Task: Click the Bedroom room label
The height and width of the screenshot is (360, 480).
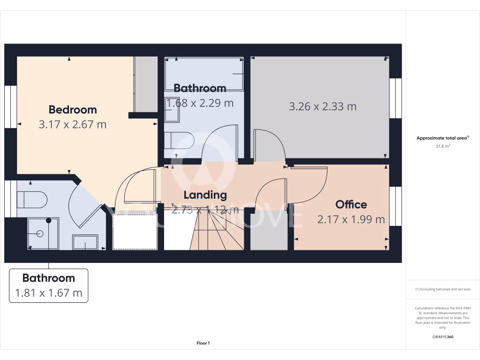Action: point(73,110)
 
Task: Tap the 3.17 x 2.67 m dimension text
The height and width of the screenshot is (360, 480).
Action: point(73,125)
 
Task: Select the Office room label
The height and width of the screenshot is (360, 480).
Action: point(351,204)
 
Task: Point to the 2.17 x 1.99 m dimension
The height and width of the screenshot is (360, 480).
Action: point(351,219)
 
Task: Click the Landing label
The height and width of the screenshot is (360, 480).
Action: point(205,195)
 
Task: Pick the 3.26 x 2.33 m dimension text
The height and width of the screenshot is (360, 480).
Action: point(322,106)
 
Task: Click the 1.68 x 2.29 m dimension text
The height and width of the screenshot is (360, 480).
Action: point(200,103)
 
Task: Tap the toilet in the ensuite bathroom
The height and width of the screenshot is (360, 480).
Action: point(32,200)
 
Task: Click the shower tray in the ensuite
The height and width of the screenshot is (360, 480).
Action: point(43,233)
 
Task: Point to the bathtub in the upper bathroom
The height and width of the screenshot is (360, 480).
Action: point(204,74)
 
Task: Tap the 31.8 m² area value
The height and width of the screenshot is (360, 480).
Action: point(442,146)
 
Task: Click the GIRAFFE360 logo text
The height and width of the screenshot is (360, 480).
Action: point(442,337)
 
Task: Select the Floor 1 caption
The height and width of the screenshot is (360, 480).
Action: point(203,343)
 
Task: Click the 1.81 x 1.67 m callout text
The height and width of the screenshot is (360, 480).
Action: point(49,293)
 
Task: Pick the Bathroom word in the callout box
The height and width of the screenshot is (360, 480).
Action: point(49,278)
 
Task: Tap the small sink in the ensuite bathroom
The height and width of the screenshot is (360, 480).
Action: point(84,242)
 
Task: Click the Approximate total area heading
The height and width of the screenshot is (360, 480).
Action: point(442,138)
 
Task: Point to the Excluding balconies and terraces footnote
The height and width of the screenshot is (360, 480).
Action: point(442,289)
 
